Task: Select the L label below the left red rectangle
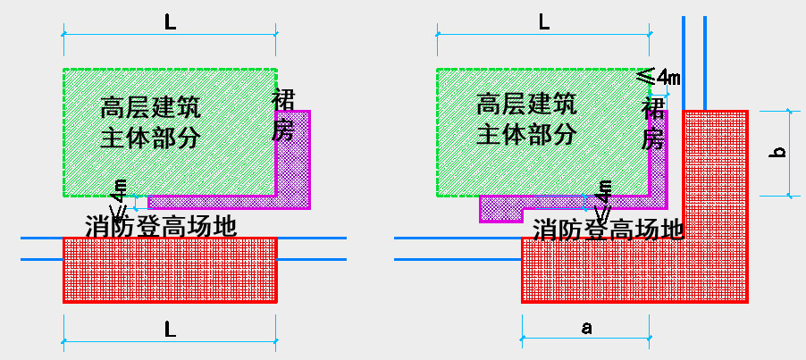pyautogui.click(x=170, y=330)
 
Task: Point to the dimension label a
pyautogui.click(x=586, y=328)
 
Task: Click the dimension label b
pyautogui.click(x=778, y=153)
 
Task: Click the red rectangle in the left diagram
pyautogui.click(x=170, y=269)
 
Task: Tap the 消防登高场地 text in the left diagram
pyautogui.click(x=161, y=225)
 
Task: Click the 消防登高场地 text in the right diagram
pyautogui.click(x=609, y=230)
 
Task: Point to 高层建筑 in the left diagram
pyautogui.click(x=150, y=108)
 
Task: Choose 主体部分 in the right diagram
pyautogui.click(x=525, y=135)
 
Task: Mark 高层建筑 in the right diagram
pyautogui.click(x=525, y=105)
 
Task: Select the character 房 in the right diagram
pyautogui.click(x=654, y=139)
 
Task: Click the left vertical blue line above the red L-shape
pyautogui.click(x=684, y=63)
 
